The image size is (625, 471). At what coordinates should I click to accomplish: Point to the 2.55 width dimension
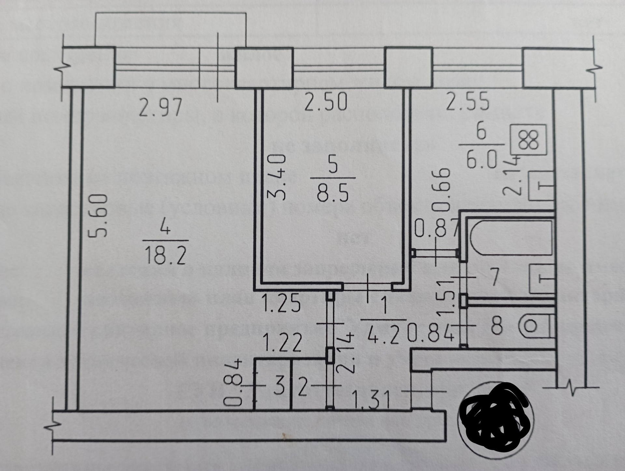tap(467, 102)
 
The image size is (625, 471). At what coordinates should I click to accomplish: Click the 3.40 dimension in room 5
tap(277, 177)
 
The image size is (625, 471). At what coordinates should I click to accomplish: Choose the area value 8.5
tap(333, 193)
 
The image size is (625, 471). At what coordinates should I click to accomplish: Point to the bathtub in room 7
tap(511, 238)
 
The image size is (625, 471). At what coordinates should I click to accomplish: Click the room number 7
tap(494, 278)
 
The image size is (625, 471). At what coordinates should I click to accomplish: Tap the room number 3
tap(279, 388)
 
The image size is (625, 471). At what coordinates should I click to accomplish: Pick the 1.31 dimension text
tap(371, 399)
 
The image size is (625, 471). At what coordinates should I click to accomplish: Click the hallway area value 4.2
tap(384, 336)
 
